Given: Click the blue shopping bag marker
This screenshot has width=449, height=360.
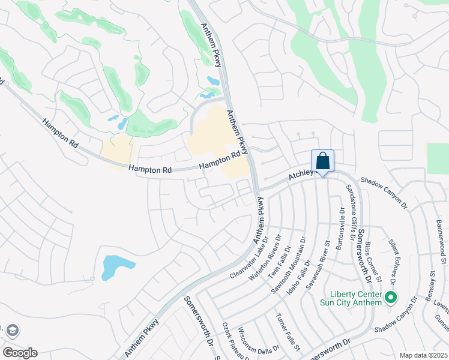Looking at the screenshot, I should (x=322, y=161).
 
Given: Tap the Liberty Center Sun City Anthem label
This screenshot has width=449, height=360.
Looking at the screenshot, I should (x=356, y=298).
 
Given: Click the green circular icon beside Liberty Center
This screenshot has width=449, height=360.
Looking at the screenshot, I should (x=391, y=297).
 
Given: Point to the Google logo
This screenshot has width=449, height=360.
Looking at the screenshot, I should (x=20, y=352).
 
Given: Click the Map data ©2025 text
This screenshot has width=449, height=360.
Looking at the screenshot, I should (x=423, y=355).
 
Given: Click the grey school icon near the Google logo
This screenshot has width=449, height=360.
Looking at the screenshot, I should (x=12, y=330).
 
